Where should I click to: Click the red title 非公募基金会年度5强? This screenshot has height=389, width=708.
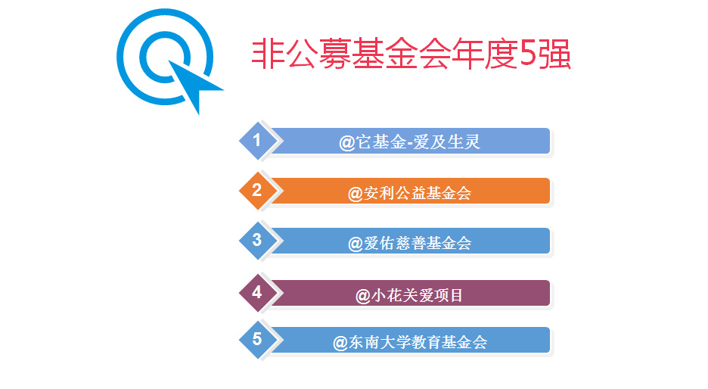click(x=411, y=54)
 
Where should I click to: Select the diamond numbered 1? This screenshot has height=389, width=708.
click(x=257, y=141)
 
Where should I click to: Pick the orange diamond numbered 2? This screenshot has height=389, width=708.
click(x=257, y=190)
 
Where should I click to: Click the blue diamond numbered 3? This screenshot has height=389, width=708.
click(x=257, y=241)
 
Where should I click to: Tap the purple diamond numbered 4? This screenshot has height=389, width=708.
click(x=257, y=292)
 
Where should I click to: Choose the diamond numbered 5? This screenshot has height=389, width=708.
click(x=257, y=339)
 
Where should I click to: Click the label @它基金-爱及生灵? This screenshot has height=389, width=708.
click(x=409, y=142)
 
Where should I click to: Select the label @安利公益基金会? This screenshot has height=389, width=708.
click(x=409, y=194)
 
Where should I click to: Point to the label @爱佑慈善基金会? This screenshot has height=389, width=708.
click(x=409, y=244)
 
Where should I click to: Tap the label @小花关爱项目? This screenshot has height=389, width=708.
click(x=409, y=295)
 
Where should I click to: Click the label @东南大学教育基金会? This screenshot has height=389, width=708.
click(x=410, y=343)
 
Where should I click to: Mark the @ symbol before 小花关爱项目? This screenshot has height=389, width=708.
click(x=362, y=297)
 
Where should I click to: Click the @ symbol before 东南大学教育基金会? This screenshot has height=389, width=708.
click(x=340, y=344)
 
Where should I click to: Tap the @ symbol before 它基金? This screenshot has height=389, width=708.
click(x=346, y=143)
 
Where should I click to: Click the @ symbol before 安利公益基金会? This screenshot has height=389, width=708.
click(x=355, y=194)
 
